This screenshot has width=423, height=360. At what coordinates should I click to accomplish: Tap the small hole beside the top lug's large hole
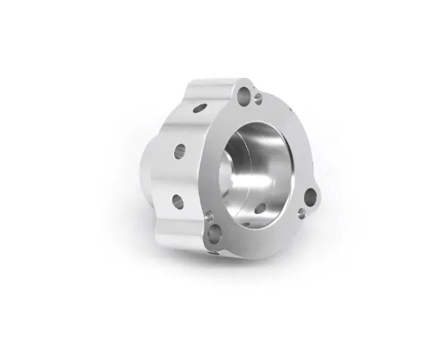pyautogui.click(x=258, y=99)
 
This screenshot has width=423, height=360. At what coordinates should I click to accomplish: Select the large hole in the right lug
pyautogui.click(x=311, y=198)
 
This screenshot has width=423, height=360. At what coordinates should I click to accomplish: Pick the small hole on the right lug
pyautogui.click(x=301, y=214)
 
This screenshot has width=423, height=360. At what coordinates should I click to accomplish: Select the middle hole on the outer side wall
pyautogui.click(x=179, y=151)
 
